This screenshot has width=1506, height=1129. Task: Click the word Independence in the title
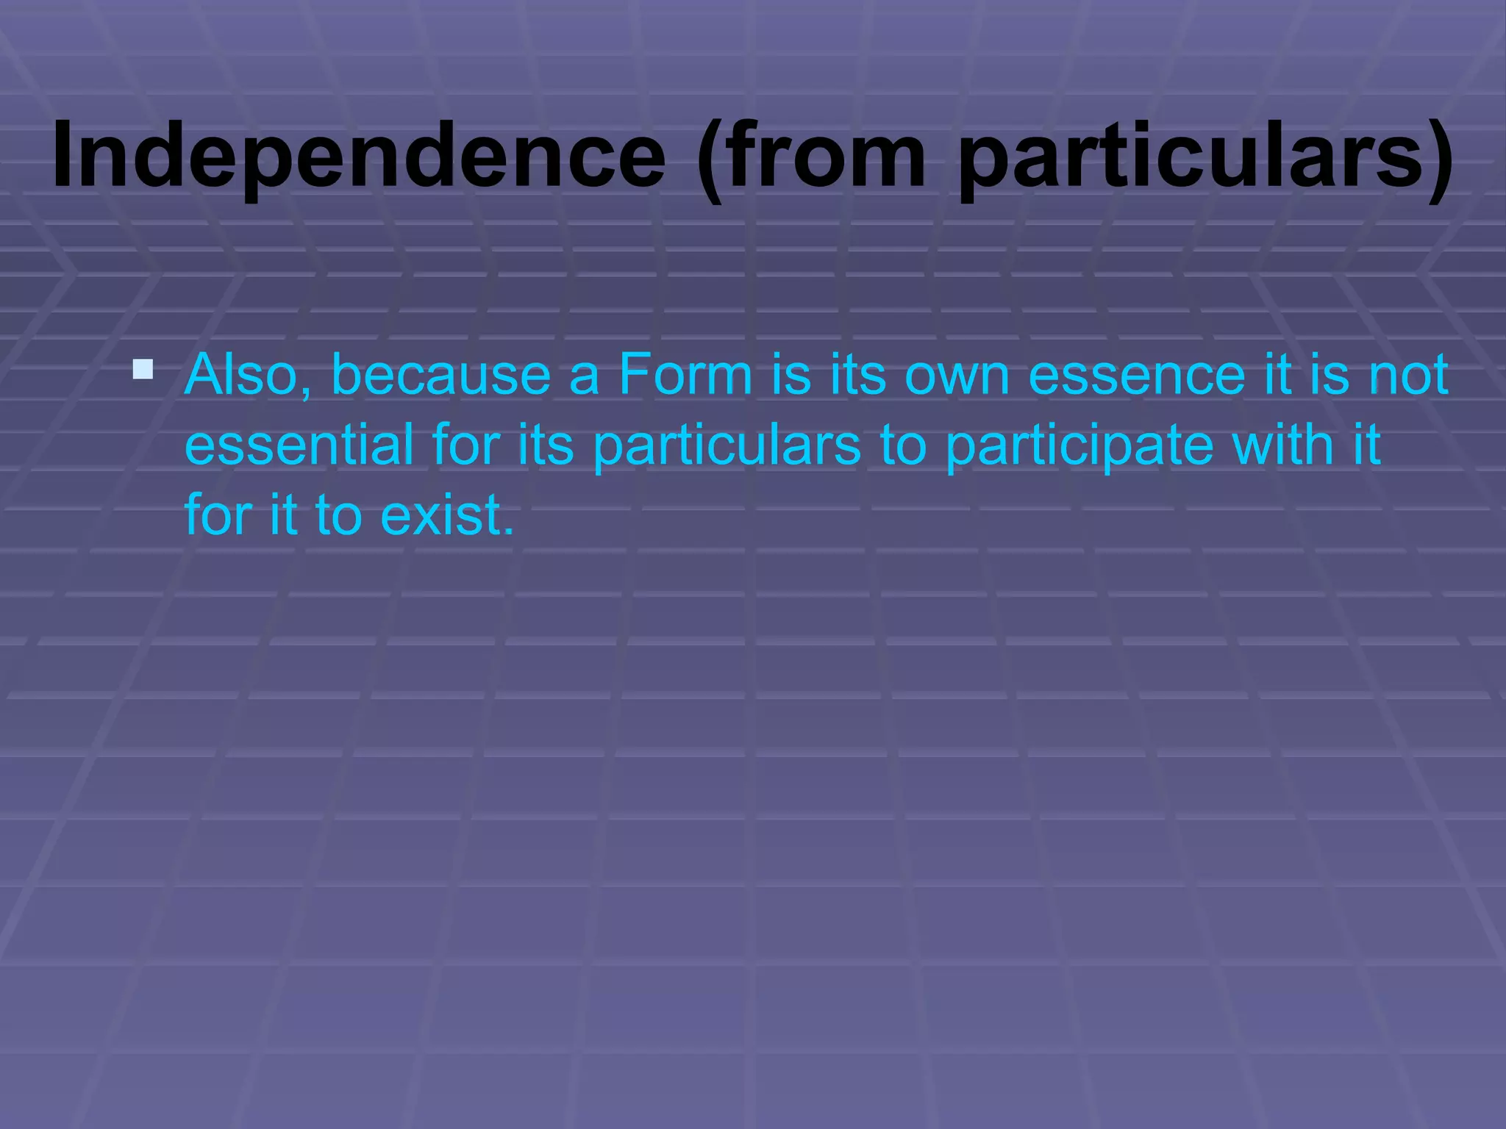359,156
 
